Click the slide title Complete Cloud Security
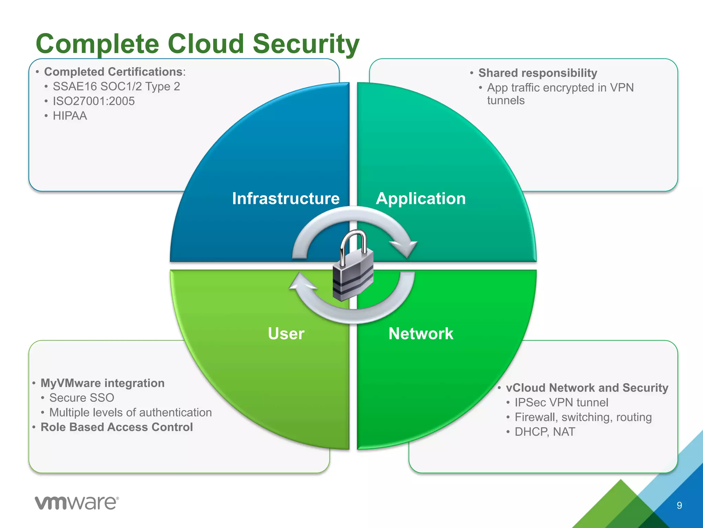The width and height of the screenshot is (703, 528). [197, 44]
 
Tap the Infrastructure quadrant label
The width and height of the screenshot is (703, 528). [286, 198]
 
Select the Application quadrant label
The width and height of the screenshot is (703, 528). [421, 198]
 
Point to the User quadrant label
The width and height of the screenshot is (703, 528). [286, 333]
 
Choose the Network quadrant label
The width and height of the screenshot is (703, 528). [421, 333]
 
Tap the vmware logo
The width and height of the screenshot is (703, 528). [77, 503]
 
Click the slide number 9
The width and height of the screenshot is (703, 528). [679, 505]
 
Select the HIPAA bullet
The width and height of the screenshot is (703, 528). [70, 116]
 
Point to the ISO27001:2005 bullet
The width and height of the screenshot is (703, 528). [94, 101]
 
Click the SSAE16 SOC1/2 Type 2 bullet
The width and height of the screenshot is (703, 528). [116, 86]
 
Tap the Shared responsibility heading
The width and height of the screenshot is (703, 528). [538, 73]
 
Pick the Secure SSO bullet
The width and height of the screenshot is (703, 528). [82, 398]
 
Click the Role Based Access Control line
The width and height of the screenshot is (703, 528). [117, 427]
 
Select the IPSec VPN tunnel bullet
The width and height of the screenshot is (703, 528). [561, 403]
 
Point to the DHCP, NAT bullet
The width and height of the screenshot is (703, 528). [545, 432]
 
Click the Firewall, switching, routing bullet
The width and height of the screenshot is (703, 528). [583, 417]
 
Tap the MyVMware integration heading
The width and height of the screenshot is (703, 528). [103, 383]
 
